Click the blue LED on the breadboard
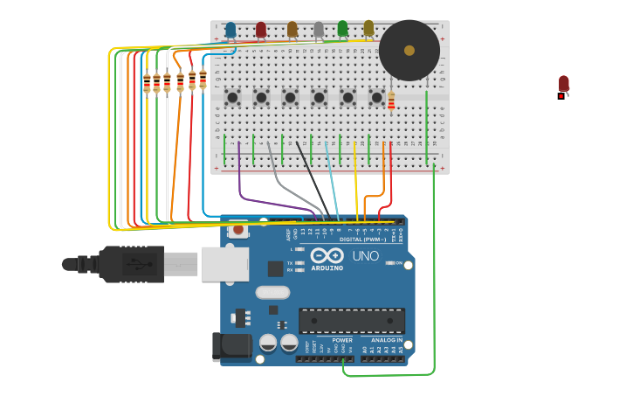point(230,30)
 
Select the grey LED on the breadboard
point(319,31)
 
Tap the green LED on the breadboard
point(343,29)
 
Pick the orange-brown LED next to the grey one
point(292,30)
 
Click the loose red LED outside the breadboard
point(564,84)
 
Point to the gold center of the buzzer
point(409,51)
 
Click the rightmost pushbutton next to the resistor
point(376,98)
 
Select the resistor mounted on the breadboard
point(391,102)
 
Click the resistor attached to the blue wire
point(203,80)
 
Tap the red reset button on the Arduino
point(237,231)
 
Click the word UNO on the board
point(366,256)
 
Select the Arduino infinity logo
point(327,256)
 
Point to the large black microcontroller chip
point(351,320)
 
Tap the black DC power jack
point(231,346)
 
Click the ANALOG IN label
point(387,340)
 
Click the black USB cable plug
point(131,264)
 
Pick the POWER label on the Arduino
point(342,340)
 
